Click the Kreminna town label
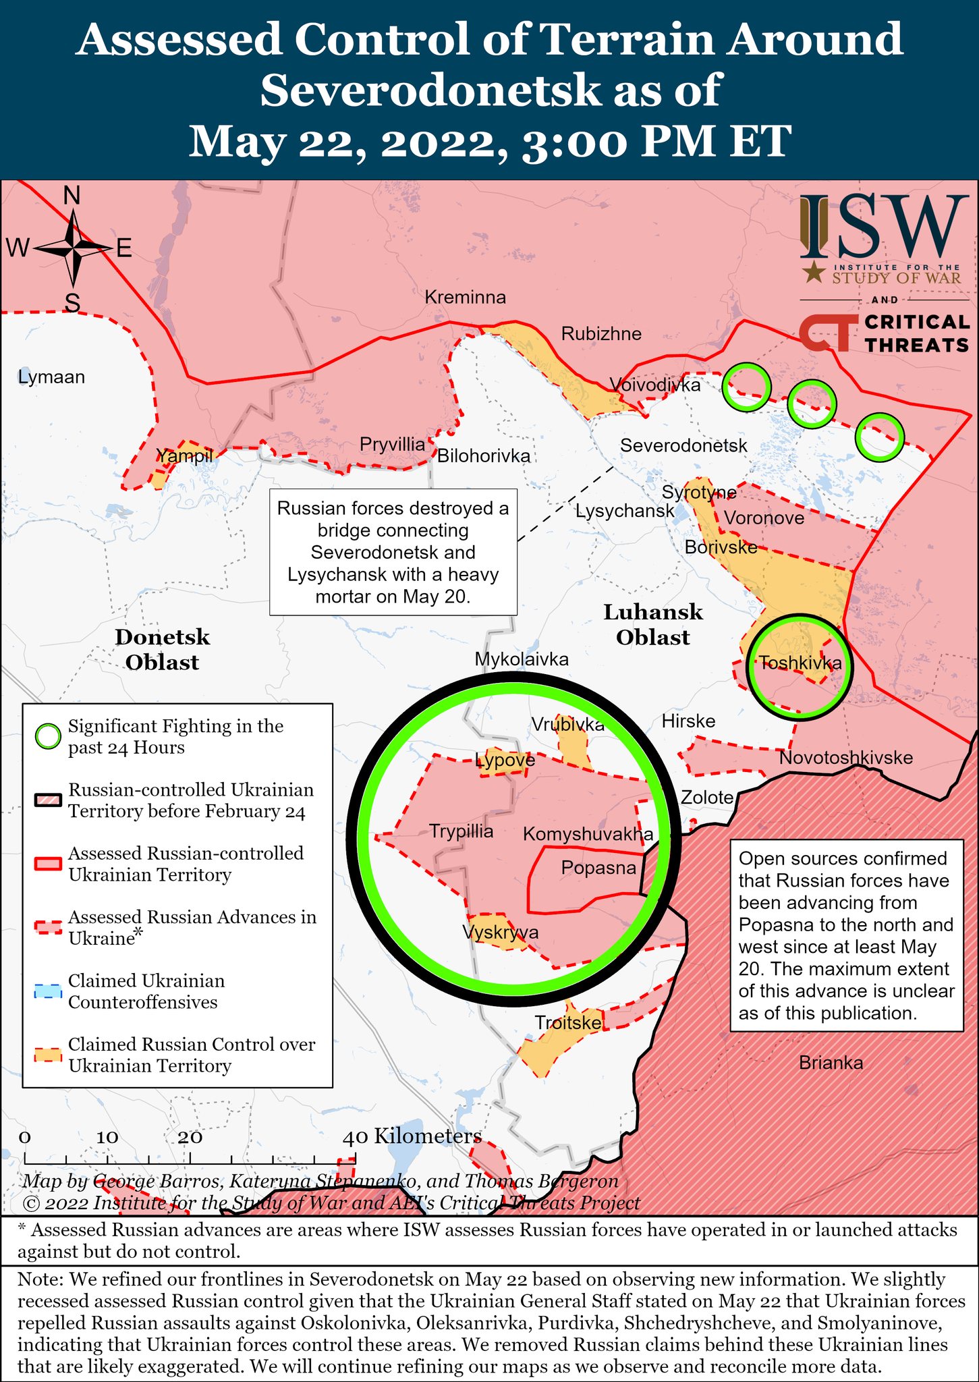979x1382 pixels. [x=465, y=298]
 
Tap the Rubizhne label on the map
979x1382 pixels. [x=601, y=334]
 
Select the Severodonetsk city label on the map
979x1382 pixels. [x=683, y=445]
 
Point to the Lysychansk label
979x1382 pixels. [x=625, y=511]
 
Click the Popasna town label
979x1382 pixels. [x=598, y=868]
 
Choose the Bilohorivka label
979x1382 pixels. [x=484, y=456]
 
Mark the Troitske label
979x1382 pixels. [x=568, y=1023]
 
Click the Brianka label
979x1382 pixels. [x=831, y=1063]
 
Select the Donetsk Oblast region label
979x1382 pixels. [x=162, y=649]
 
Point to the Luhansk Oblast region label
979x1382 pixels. [x=652, y=624]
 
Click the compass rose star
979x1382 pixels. [x=73, y=249]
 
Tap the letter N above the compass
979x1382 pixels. [x=72, y=196]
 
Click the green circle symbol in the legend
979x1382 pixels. [x=48, y=737]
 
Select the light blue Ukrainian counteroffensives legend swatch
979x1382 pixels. [x=48, y=991]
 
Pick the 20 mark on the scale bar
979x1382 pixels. [x=190, y=1137]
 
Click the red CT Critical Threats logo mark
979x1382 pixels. [x=824, y=333]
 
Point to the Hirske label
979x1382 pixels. [x=688, y=721]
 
